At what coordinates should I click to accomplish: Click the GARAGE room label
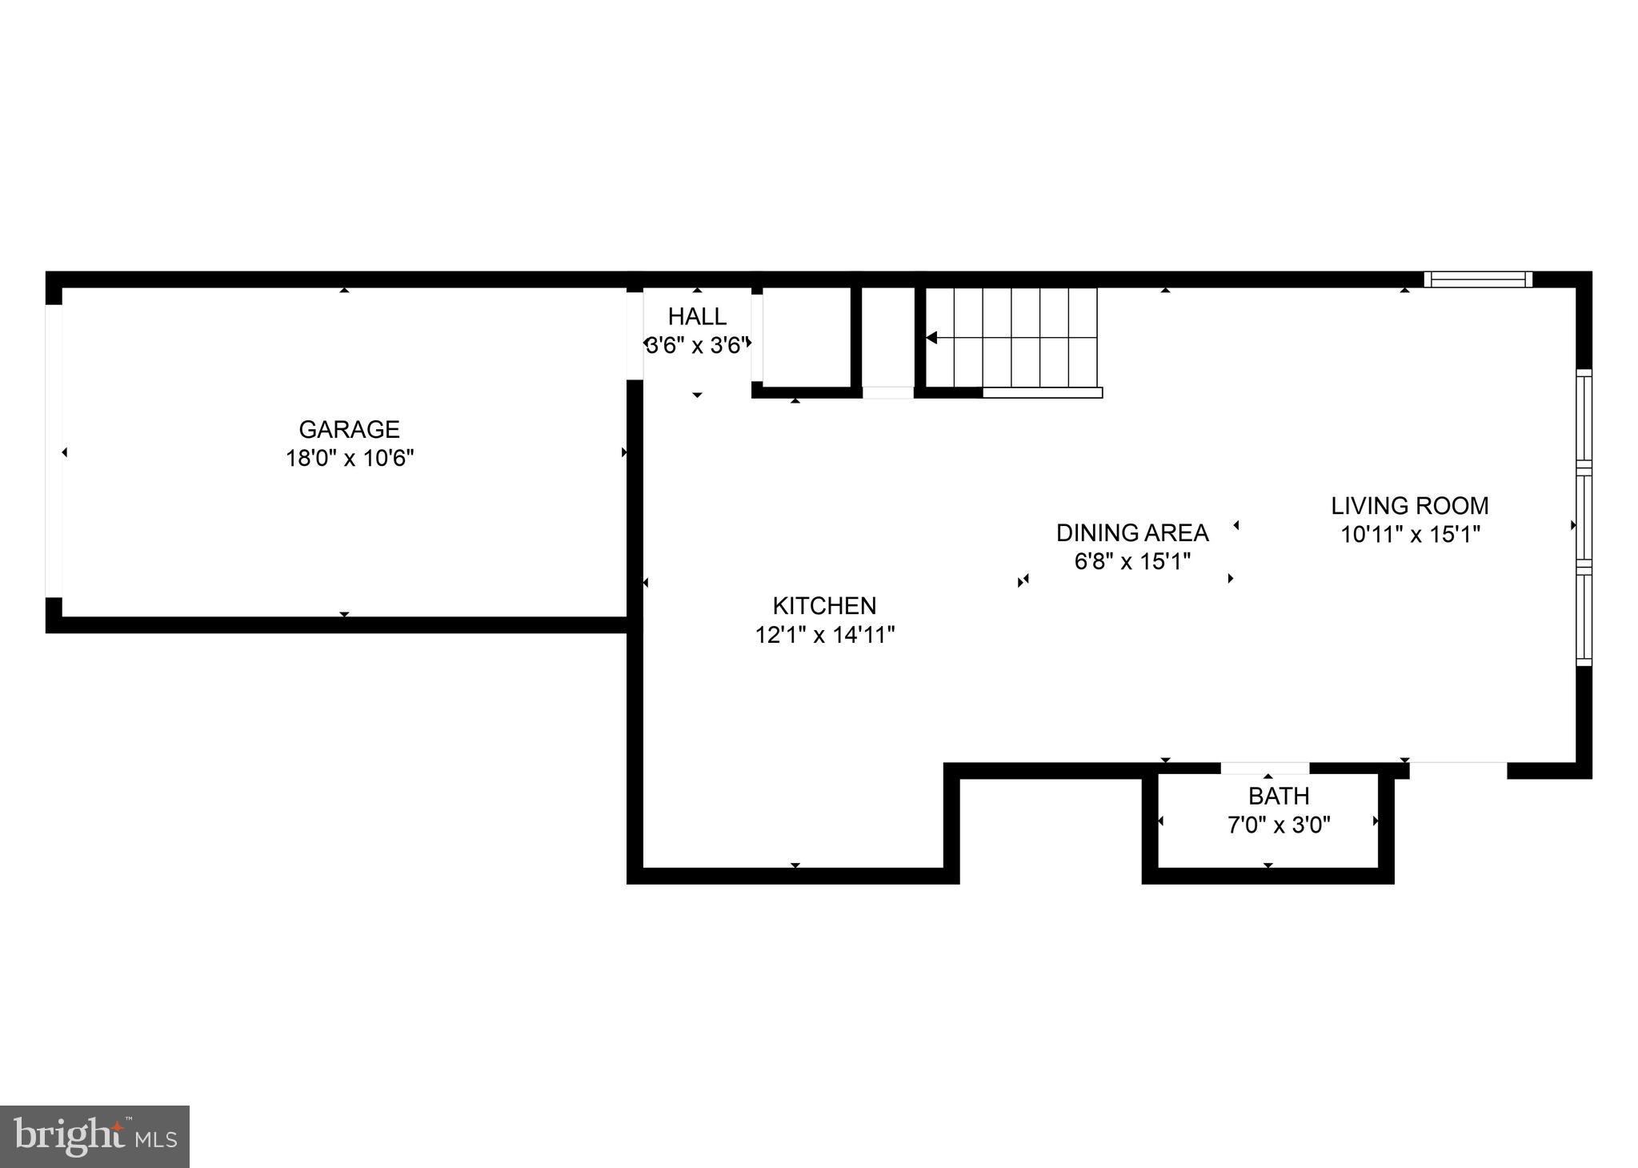point(349,430)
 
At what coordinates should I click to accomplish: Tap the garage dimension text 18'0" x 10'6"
point(350,459)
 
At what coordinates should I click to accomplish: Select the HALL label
point(697,316)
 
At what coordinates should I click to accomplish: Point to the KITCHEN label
point(824,605)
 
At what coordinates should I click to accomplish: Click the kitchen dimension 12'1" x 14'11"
point(824,635)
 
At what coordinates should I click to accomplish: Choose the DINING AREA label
point(1131,532)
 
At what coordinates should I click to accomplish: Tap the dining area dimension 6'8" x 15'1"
point(1131,561)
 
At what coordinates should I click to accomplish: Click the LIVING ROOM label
point(1409,506)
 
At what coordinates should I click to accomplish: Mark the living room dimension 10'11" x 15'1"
point(1410,535)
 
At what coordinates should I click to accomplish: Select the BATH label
point(1279,796)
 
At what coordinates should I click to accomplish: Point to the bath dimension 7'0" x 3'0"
point(1279,825)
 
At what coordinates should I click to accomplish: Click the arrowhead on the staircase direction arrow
point(931,338)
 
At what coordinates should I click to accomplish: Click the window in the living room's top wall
point(1477,279)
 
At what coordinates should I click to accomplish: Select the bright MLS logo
point(94,1137)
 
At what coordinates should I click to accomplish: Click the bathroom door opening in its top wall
point(1265,769)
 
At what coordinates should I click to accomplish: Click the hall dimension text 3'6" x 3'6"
point(697,346)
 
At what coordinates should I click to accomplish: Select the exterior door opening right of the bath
point(1458,770)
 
